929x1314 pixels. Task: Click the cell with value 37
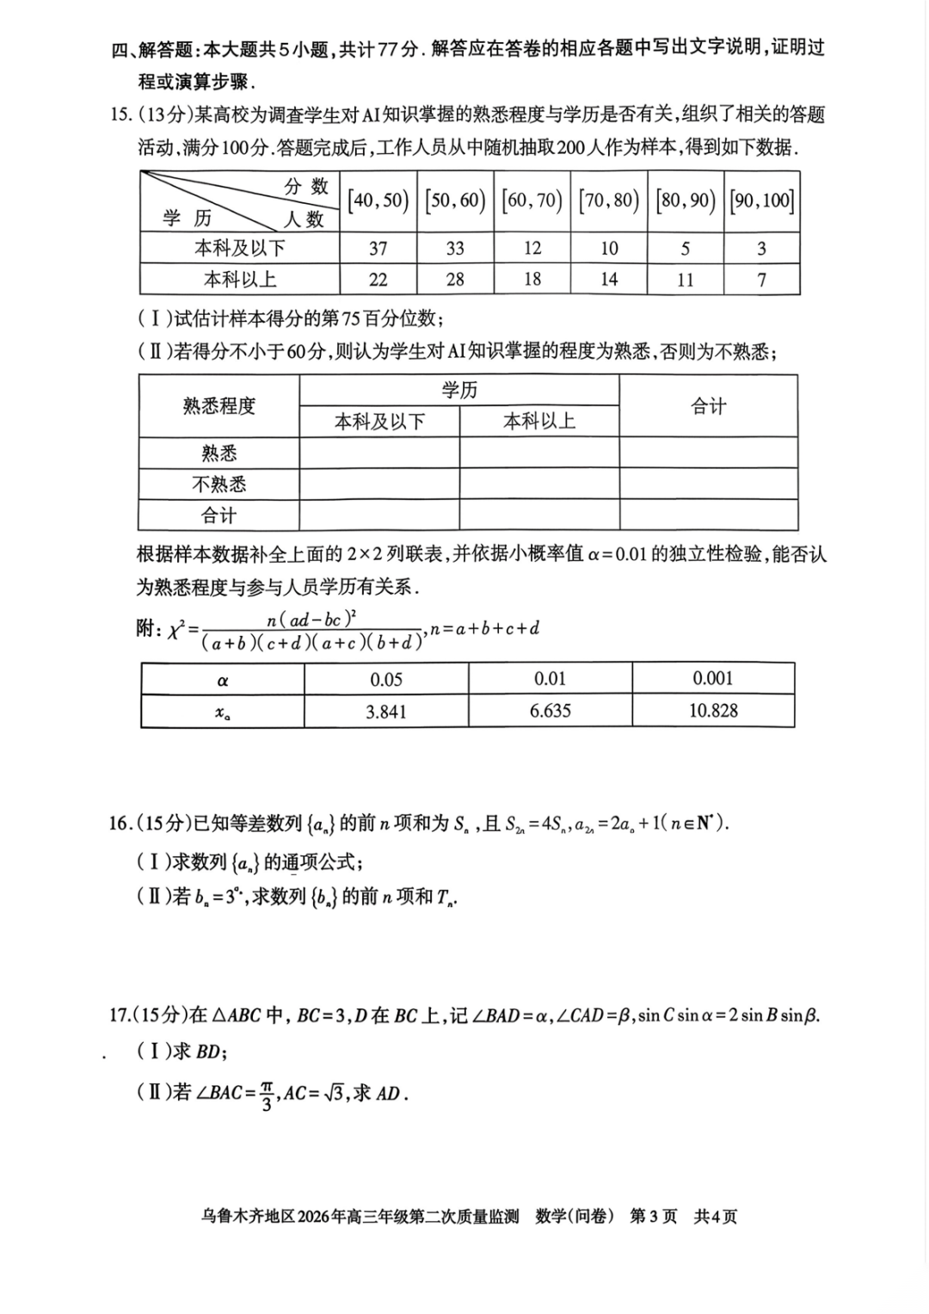click(378, 249)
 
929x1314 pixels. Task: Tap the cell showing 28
click(455, 280)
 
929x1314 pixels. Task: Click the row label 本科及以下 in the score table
click(240, 249)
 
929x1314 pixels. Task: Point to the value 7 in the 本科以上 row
click(761, 280)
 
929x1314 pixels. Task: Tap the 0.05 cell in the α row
click(386, 679)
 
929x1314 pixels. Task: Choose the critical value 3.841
click(386, 712)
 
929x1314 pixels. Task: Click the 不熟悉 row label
click(218, 484)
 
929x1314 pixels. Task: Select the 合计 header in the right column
click(708, 406)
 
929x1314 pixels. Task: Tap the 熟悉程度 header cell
click(218, 406)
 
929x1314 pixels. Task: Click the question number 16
click(120, 824)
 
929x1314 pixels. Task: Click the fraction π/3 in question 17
click(267, 1094)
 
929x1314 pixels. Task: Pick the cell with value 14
click(609, 280)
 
